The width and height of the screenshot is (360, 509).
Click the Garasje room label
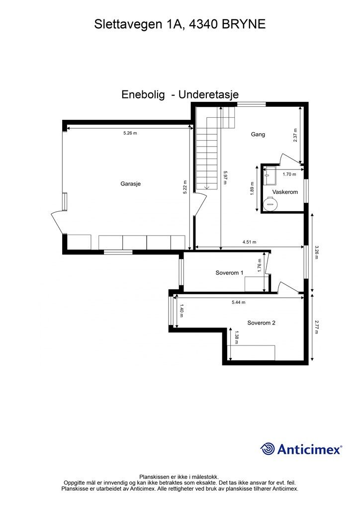(130, 184)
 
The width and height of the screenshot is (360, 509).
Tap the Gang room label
(258, 134)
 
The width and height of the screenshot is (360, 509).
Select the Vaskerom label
(285, 192)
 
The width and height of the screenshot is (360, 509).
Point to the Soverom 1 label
(229, 273)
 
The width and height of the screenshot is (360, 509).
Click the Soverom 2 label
(262, 323)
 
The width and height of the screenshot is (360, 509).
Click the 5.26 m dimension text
(130, 133)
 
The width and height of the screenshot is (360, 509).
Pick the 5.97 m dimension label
(225, 178)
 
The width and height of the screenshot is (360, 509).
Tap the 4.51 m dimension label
(249, 242)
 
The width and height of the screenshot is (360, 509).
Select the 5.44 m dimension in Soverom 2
(239, 302)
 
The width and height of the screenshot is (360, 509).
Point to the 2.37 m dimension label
(295, 135)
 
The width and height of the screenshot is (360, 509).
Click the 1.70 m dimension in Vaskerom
(289, 174)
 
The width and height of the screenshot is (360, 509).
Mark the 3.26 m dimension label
(317, 252)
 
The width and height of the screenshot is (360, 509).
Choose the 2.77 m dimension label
(317, 327)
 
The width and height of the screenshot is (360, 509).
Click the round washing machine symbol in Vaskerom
(270, 204)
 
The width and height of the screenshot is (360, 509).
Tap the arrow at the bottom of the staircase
(206, 187)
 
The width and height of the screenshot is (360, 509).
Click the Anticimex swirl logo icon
(268, 449)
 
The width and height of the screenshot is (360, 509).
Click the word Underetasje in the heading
(208, 94)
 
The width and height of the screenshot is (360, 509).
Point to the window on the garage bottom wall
(118, 252)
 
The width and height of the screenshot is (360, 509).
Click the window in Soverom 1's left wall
(181, 271)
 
